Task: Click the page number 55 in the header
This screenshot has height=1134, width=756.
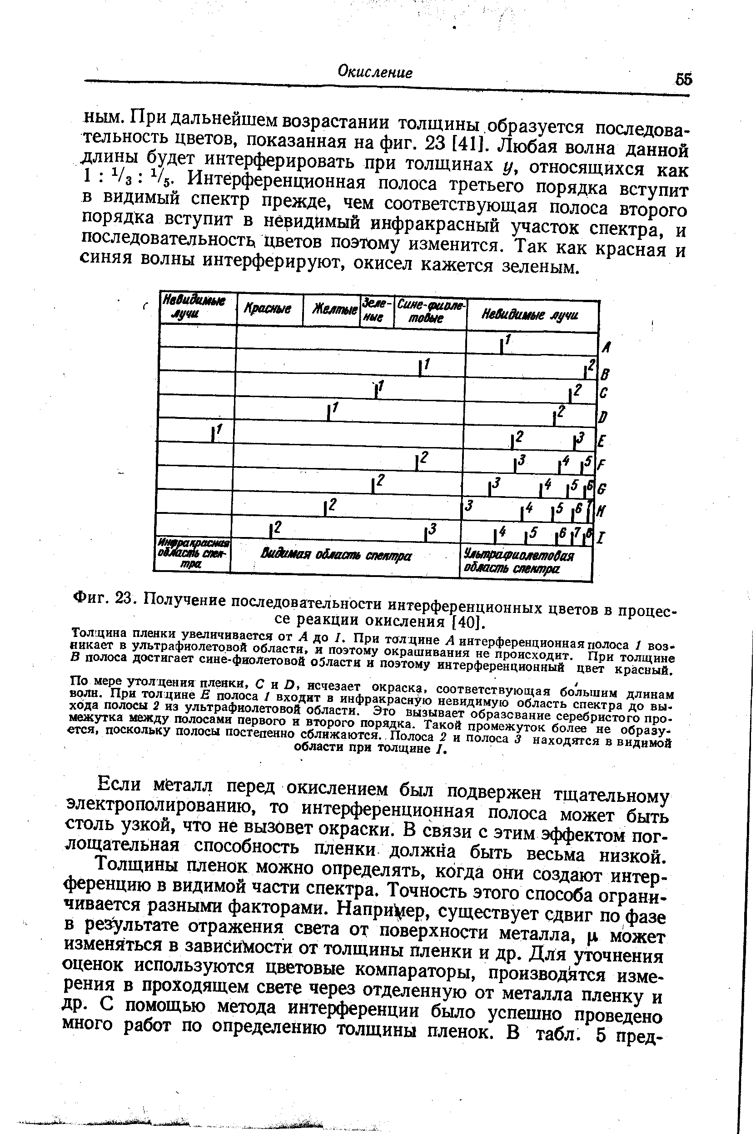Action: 683,79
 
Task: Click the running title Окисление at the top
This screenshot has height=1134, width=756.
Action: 375,72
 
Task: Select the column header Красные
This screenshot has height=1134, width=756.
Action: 268,309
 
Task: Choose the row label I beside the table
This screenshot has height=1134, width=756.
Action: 601,537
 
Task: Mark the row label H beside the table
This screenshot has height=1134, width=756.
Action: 602,510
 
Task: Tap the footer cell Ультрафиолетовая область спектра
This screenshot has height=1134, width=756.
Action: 518,562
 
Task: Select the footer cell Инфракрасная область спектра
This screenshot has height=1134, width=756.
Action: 192,554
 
